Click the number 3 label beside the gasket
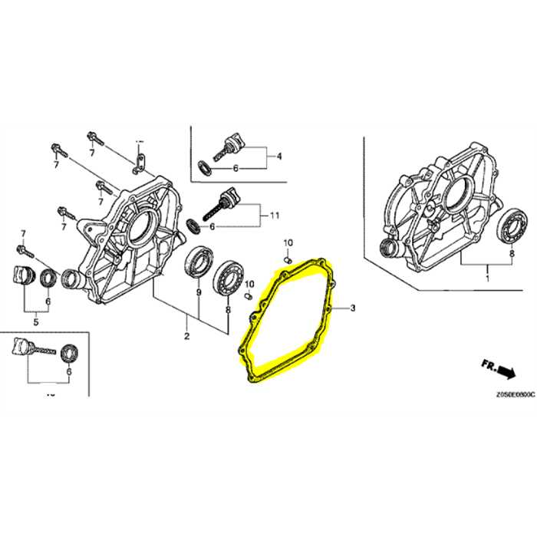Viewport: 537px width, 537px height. (353, 308)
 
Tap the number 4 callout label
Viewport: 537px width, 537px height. (278, 156)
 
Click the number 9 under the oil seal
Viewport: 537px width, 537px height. (198, 292)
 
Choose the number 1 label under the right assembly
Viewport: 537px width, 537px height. (487, 281)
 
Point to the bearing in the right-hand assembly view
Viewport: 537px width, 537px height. (510, 226)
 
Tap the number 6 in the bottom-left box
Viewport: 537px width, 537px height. (69, 371)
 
